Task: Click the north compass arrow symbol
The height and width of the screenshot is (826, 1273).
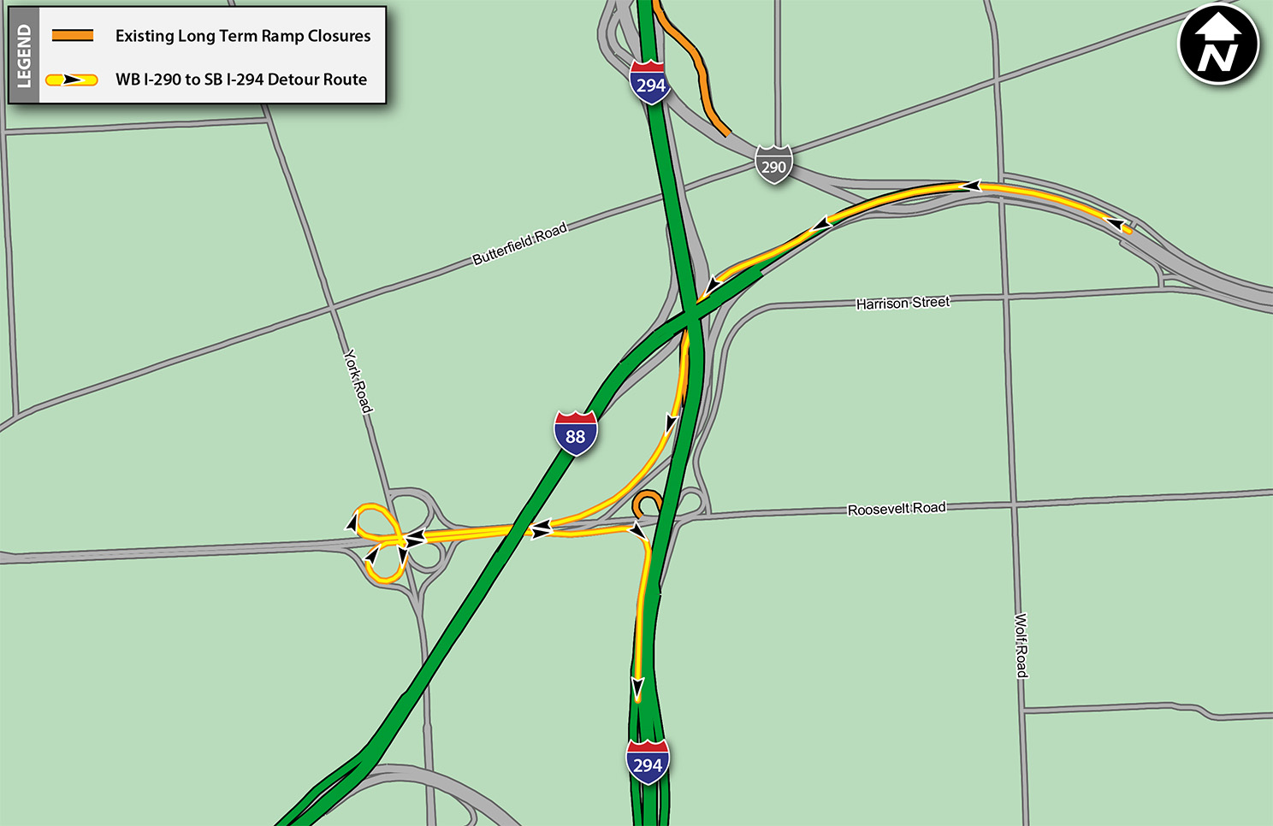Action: tap(1218, 44)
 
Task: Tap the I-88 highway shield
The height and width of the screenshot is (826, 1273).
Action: tap(576, 434)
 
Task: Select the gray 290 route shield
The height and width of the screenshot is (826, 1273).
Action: tap(773, 164)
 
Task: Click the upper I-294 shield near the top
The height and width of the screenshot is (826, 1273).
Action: tap(650, 82)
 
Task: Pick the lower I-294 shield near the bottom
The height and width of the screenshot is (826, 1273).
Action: tap(648, 762)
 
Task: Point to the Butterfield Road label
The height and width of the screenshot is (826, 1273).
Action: tap(519, 244)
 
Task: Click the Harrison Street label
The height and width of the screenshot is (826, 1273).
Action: tap(903, 303)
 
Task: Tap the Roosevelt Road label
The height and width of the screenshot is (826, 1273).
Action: tap(897, 509)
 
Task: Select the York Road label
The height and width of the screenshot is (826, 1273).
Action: tap(358, 381)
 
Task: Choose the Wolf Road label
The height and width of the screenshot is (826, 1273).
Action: tap(1021, 646)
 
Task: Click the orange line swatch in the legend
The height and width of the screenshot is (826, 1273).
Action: tap(73, 36)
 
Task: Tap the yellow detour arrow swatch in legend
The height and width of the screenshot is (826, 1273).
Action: tap(72, 80)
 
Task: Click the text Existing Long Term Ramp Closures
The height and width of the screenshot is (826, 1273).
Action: tap(243, 36)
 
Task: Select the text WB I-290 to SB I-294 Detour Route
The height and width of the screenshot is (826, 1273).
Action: tap(241, 80)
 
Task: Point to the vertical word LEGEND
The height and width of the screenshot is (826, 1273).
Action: tap(24, 56)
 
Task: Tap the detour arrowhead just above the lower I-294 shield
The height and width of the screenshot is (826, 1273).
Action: tap(637, 686)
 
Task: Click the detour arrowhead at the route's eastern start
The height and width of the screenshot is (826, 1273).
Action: tap(1116, 224)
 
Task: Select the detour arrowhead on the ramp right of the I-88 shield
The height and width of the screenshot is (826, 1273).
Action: tap(672, 423)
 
